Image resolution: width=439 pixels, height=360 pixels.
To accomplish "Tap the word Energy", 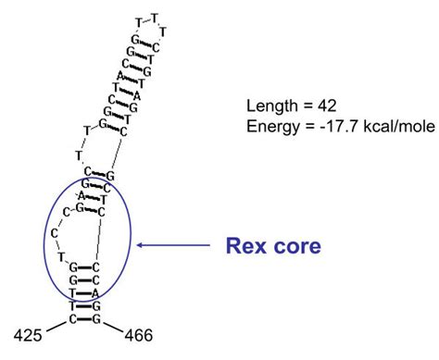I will click(x=270, y=127).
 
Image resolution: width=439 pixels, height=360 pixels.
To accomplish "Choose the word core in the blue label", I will click(x=298, y=246).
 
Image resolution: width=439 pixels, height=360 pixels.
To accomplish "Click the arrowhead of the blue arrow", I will click(x=141, y=246).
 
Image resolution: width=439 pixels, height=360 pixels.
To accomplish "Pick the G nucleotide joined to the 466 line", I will click(x=95, y=319).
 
